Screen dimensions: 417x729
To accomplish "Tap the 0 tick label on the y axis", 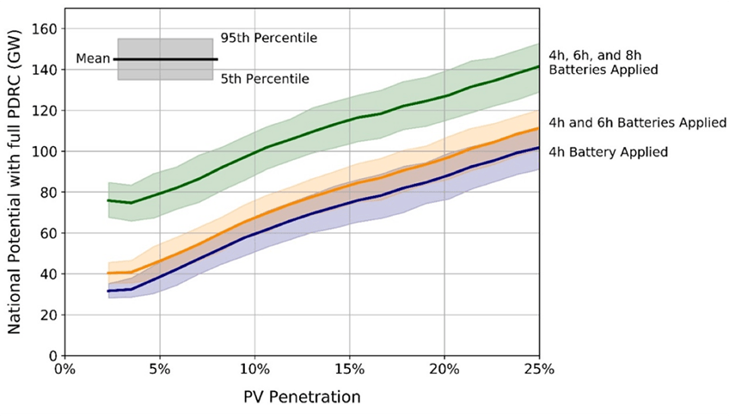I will [x=52, y=355].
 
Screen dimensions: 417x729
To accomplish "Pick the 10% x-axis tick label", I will [x=254, y=370].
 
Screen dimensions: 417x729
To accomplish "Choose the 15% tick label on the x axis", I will [x=349, y=370].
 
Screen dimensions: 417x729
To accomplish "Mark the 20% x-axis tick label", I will [x=444, y=370].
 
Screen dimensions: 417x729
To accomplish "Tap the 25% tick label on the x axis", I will [x=539, y=370].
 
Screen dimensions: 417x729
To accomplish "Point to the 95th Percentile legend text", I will [x=269, y=39].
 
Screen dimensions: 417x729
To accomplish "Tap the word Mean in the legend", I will [x=93, y=59].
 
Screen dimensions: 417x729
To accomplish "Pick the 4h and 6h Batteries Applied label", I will [x=637, y=123].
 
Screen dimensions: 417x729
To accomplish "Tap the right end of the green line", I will [x=539, y=66].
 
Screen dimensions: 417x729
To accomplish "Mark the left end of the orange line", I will [x=107, y=273].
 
